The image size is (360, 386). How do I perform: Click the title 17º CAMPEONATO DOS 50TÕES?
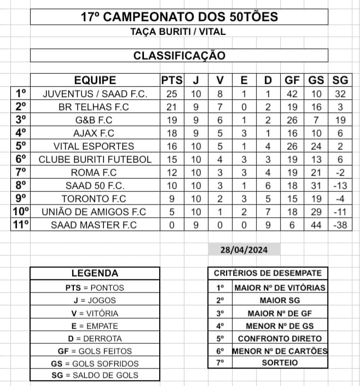click(x=179, y=17)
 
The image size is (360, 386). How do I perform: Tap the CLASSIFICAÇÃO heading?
click(x=179, y=56)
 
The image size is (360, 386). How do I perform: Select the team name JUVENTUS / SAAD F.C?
click(x=95, y=94)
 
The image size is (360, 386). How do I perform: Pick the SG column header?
click(x=340, y=80)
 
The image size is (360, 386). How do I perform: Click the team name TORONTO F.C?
click(x=95, y=198)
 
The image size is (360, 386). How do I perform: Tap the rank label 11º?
click(x=21, y=225)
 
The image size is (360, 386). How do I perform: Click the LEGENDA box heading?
click(x=95, y=273)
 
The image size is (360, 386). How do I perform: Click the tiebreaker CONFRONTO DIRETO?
click(x=280, y=338)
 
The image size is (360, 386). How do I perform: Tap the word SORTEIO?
click(x=280, y=362)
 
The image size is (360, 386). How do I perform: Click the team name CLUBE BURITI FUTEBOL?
click(x=95, y=160)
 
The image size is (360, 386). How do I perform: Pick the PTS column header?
click(x=172, y=80)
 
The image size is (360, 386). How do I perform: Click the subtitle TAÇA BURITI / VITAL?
click(x=179, y=32)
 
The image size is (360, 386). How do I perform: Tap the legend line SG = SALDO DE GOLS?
click(x=95, y=375)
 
